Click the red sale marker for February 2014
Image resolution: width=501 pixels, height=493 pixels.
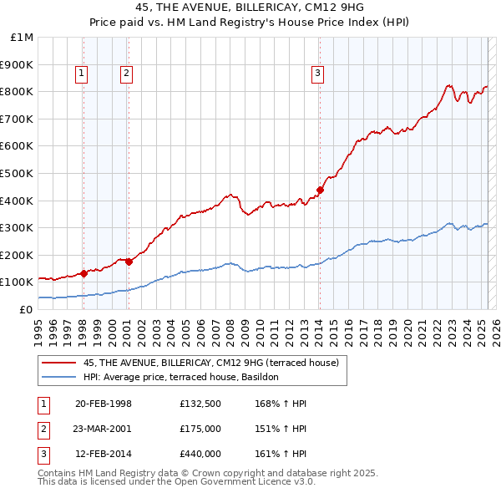point(320,189)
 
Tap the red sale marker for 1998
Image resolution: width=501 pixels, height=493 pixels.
point(83,273)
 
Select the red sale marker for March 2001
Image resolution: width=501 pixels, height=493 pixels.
point(129,262)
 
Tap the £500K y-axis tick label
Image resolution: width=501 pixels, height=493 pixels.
point(18,174)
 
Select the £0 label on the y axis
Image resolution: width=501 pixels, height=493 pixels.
point(26,309)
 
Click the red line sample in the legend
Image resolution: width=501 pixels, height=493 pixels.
point(58,363)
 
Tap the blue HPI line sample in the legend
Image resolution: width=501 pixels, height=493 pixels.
point(58,377)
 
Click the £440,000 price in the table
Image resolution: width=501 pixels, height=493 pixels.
point(200,454)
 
